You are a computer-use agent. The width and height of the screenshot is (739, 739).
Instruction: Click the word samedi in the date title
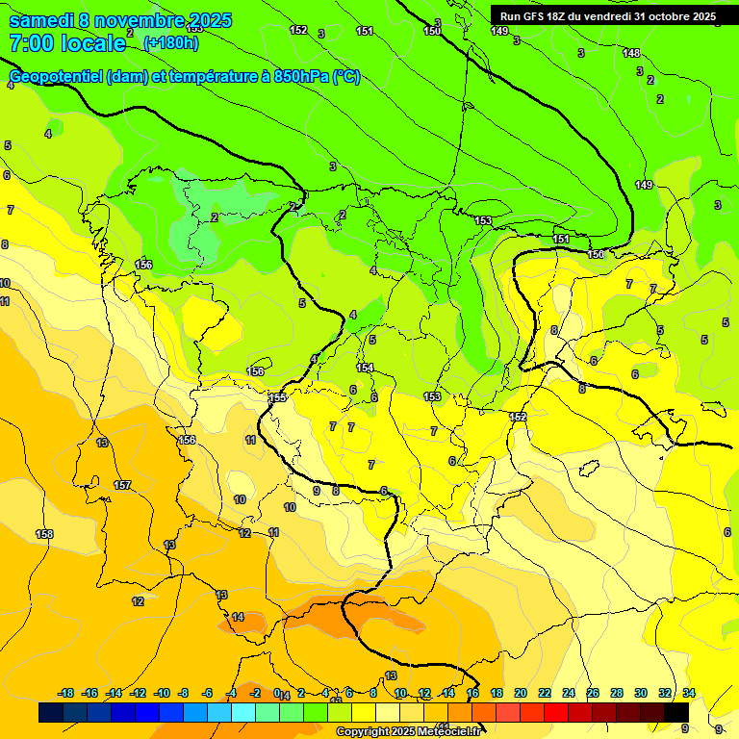43,20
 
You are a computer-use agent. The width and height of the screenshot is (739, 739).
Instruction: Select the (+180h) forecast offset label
170,42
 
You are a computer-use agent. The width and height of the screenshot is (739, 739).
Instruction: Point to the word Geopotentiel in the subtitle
55,77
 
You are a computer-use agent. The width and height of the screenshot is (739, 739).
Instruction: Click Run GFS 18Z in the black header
537,16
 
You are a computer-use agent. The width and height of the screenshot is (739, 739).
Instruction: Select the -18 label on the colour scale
66,693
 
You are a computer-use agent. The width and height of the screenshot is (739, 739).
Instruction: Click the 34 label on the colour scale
689,693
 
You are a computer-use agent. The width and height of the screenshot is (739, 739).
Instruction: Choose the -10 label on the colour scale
163,693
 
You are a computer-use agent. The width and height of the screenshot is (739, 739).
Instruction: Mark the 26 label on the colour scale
593,693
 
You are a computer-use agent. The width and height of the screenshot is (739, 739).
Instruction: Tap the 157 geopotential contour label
122,485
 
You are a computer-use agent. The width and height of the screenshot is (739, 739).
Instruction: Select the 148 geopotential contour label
631,53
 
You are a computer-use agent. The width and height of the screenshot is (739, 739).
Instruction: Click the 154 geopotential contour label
365,368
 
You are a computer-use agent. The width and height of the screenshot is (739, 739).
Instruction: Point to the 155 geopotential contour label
278,397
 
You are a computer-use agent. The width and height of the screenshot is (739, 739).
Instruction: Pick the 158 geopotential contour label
44,534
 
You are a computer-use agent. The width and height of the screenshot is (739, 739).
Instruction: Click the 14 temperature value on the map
238,617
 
